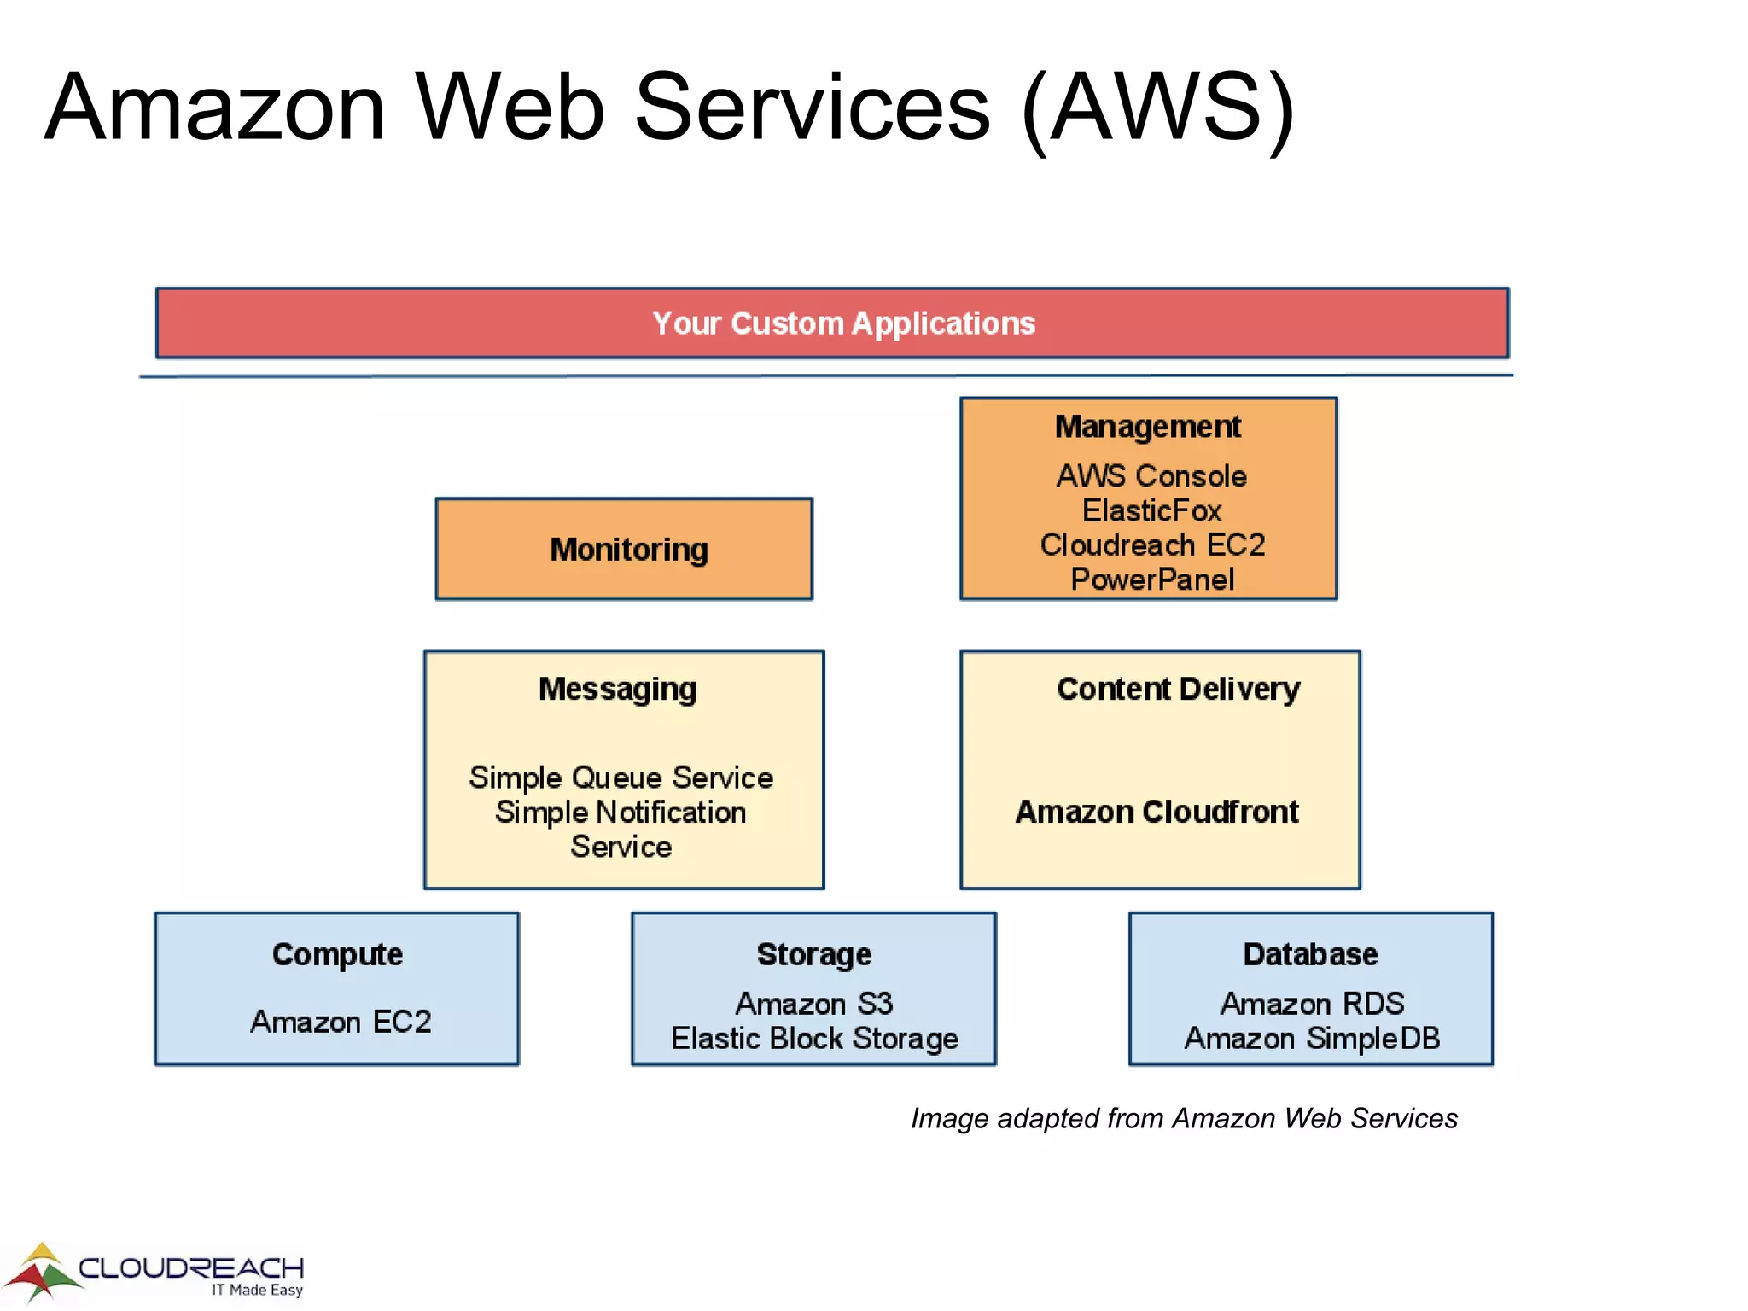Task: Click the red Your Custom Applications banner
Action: coord(832,323)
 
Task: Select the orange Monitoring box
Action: coord(624,549)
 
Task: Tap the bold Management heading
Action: coord(1147,427)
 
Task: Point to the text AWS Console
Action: coord(1151,476)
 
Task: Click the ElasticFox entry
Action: coord(1151,510)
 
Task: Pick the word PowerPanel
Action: coord(1151,580)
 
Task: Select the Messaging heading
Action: coord(617,689)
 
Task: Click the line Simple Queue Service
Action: coord(621,778)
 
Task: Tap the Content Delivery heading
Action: coord(1178,689)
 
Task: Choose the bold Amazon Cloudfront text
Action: coord(1157,812)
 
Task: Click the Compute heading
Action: coord(337,954)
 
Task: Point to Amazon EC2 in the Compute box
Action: coord(341,1022)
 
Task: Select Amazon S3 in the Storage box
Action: coord(813,1004)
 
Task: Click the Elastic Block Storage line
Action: coord(813,1039)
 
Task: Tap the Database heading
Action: coord(1310,954)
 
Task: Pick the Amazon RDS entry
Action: coord(1312,1004)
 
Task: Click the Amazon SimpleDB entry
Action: coord(1312,1039)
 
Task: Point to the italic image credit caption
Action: coord(1184,1118)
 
